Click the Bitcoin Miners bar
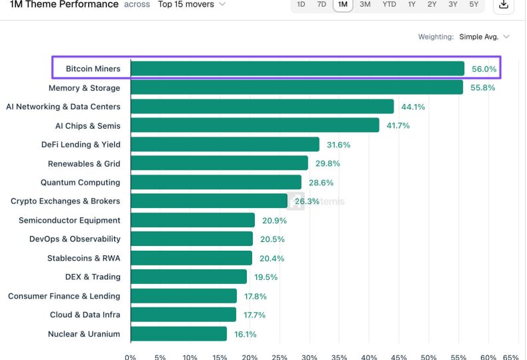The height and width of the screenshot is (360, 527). (298, 69)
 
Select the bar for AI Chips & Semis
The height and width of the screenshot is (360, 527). (255, 125)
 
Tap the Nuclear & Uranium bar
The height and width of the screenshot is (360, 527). (179, 334)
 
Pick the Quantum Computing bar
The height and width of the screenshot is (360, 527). (216, 183)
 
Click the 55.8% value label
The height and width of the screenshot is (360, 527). (482, 87)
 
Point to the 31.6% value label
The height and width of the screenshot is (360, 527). (338, 145)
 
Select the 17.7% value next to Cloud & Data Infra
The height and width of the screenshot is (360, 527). (254, 315)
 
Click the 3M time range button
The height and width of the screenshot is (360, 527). (365, 5)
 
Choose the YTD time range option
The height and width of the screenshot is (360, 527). (389, 5)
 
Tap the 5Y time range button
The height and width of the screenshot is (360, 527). (474, 5)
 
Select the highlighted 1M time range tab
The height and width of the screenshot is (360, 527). (343, 5)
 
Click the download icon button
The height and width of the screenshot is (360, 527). (504, 5)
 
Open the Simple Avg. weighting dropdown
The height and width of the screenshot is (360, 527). (484, 37)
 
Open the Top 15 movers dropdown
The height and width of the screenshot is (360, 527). (191, 5)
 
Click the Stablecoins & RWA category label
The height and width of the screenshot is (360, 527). (83, 258)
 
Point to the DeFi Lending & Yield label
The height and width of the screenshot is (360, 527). (81, 145)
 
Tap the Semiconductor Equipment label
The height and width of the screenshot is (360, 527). (69, 220)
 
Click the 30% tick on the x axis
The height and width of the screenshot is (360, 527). (310, 357)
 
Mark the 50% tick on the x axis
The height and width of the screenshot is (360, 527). (428, 357)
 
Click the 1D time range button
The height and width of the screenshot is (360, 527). (301, 5)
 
